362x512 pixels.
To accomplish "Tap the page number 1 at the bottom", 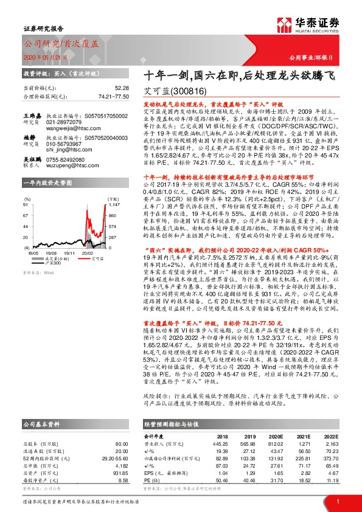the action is [336, 502].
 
